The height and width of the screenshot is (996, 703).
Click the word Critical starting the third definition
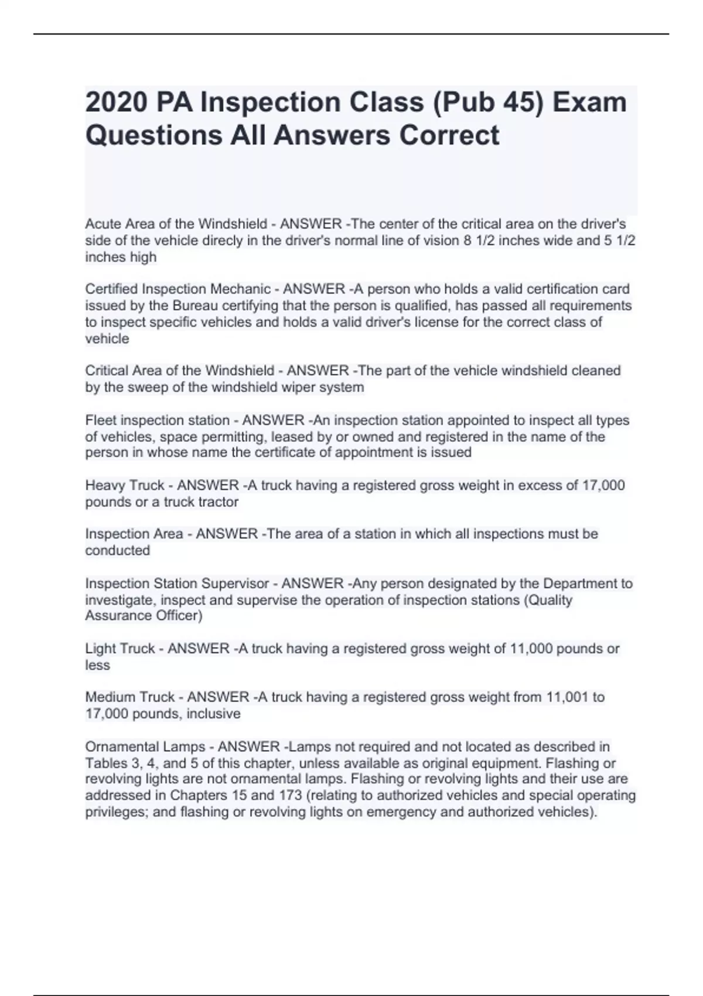[106, 370]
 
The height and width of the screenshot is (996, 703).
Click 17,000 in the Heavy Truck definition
[603, 485]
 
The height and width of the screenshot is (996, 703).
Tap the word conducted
[118, 550]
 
